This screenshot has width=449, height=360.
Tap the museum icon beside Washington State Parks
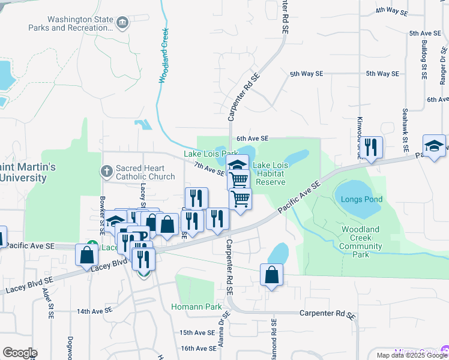tap(123, 23)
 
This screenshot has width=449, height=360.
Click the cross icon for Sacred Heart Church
tap(106, 172)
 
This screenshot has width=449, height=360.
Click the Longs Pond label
tap(361, 199)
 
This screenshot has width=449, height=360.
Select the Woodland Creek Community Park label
tap(361, 242)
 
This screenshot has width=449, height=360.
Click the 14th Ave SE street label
tap(94, 311)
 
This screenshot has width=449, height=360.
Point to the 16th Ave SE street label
tap(197, 348)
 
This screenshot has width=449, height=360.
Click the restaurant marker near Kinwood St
tap(371, 147)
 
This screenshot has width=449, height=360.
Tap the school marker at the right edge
tap(434, 146)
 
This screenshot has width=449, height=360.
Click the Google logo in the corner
tap(19, 353)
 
